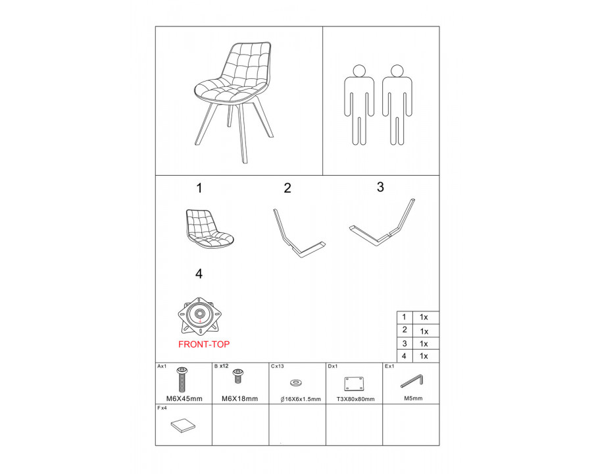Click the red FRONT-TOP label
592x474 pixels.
204,344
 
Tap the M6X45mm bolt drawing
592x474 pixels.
182,379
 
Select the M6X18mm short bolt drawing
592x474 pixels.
238,376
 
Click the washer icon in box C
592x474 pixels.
295,383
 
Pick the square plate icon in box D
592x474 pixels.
354,384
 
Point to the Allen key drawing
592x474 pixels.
412,381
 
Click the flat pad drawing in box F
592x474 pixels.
183,426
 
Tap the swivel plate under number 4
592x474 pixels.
199,316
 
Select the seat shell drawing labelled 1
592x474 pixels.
210,229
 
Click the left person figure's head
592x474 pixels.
359,70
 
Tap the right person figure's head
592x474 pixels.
397,70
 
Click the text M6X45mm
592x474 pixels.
184,399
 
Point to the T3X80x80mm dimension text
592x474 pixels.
356,399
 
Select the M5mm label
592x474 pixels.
414,398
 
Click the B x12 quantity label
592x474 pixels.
221,366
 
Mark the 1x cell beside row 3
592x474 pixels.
424,344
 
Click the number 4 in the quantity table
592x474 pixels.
404,356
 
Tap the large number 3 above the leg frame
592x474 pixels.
380,187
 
